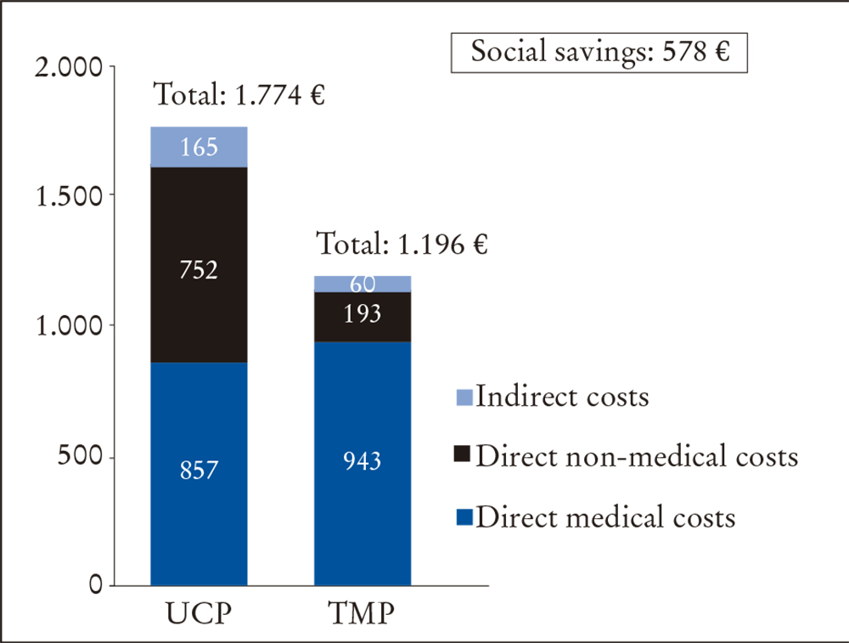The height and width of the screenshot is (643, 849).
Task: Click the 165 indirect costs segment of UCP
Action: coord(199,147)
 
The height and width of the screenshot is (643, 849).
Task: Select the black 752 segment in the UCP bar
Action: coord(199,265)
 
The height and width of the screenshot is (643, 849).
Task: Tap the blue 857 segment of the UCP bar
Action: coord(199,474)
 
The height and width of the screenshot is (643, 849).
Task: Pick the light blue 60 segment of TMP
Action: coord(363,284)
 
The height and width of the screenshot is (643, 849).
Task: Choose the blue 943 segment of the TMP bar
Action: coord(363,463)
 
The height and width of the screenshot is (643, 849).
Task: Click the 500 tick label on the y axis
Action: coord(83,457)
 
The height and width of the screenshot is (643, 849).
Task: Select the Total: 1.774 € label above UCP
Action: coord(239,96)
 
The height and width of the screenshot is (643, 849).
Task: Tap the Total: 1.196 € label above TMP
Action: coord(402,245)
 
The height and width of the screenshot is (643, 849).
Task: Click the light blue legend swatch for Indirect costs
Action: coord(464,398)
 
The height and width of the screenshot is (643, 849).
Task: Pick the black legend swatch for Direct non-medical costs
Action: coord(464,458)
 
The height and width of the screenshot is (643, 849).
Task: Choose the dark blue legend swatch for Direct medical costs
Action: coord(464,518)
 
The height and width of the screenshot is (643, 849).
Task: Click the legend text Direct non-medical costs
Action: coord(637,457)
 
